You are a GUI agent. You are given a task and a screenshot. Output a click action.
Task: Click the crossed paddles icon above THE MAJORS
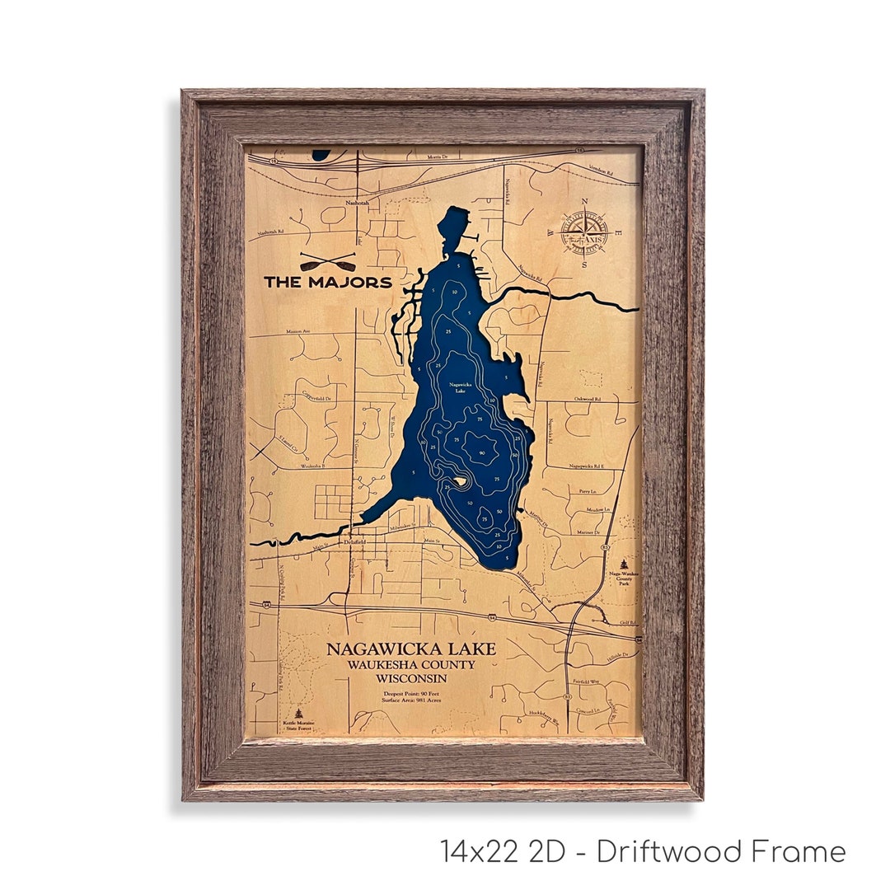[327, 262]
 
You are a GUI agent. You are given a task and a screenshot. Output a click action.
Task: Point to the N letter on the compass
[584, 201]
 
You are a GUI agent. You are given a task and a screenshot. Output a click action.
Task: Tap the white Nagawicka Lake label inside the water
[460, 386]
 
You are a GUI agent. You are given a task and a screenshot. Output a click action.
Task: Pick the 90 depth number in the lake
[481, 452]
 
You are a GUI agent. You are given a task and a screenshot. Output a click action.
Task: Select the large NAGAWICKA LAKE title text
[411, 649]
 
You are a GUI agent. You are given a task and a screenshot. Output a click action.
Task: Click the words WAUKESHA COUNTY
[411, 664]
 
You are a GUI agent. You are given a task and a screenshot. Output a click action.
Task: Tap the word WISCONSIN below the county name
[411, 678]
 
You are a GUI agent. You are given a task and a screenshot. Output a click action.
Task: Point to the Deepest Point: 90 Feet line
[410, 694]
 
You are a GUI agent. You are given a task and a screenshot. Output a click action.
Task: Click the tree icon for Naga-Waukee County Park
[623, 564]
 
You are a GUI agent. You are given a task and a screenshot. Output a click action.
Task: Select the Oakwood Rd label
[586, 398]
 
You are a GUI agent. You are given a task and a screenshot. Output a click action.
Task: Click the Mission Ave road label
[297, 331]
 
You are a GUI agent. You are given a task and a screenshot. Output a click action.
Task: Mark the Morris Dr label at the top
[435, 156]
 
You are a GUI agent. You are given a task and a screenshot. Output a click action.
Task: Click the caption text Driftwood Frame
[721, 851]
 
